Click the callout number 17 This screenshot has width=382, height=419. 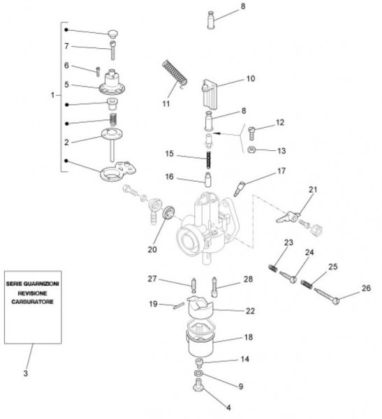coord(281,171)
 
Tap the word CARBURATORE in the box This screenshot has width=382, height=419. coord(32,302)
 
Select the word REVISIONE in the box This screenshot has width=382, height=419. coord(32,293)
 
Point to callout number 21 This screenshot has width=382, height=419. coord(313,190)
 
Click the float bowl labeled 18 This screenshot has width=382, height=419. coord(200,341)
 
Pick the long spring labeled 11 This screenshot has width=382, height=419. coord(175,74)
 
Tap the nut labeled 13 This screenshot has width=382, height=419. coord(251,149)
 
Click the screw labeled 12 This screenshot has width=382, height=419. coord(251,133)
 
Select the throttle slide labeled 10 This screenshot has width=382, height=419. coord(210,94)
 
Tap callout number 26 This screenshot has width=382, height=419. coord(366,288)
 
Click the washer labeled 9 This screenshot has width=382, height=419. coord(198,373)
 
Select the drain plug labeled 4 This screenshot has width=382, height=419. coord(198,385)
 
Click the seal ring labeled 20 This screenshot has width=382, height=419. coord(168,213)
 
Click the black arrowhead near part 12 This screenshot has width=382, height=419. coord(216,133)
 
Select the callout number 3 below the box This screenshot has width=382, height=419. coord(25,373)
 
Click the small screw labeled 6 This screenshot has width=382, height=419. coord(98,71)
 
